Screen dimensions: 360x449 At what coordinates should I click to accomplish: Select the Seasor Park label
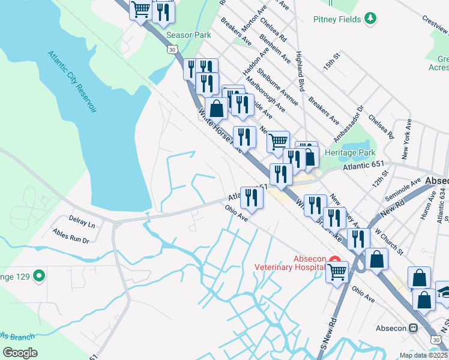coord(188,35)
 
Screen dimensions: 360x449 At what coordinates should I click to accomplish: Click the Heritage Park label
coord(349,152)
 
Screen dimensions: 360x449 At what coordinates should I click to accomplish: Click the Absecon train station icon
coord(413,328)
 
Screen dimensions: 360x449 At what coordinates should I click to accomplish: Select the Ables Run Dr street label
coord(70,236)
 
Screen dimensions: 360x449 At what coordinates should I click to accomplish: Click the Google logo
coord(20,353)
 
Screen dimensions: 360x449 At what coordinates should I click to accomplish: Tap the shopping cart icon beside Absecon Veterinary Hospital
coord(337,272)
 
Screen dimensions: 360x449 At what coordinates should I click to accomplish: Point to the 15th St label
coord(331,63)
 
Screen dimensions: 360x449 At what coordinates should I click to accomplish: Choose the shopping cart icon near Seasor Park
coord(140,10)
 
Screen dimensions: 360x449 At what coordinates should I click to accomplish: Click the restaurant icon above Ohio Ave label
coord(252,197)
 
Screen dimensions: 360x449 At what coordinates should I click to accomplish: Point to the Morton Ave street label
coord(254,22)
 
